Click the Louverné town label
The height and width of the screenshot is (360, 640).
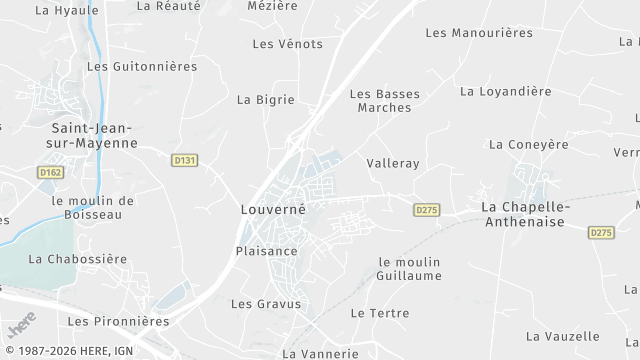point(272,210)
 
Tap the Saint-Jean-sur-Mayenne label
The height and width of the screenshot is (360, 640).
point(94,135)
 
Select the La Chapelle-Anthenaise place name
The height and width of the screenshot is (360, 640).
point(525,214)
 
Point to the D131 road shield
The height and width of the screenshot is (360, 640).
point(185,160)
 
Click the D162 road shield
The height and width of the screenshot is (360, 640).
point(51,173)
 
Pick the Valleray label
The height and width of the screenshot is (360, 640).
point(393,163)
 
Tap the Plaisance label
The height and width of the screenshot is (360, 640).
point(266,251)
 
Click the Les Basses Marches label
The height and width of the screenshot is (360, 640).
point(384,100)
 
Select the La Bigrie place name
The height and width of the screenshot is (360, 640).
point(265,99)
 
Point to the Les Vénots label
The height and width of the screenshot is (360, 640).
point(288,44)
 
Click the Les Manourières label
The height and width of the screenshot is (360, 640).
point(479,33)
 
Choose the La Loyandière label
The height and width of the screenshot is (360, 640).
point(505,91)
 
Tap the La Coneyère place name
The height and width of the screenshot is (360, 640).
point(528,144)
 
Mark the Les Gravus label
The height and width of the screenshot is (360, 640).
point(266,304)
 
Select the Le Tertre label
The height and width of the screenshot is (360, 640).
point(379,313)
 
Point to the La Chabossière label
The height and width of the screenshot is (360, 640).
point(78,258)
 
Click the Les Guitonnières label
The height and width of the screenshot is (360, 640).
point(141,67)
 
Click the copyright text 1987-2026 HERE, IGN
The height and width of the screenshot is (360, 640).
point(67,351)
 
